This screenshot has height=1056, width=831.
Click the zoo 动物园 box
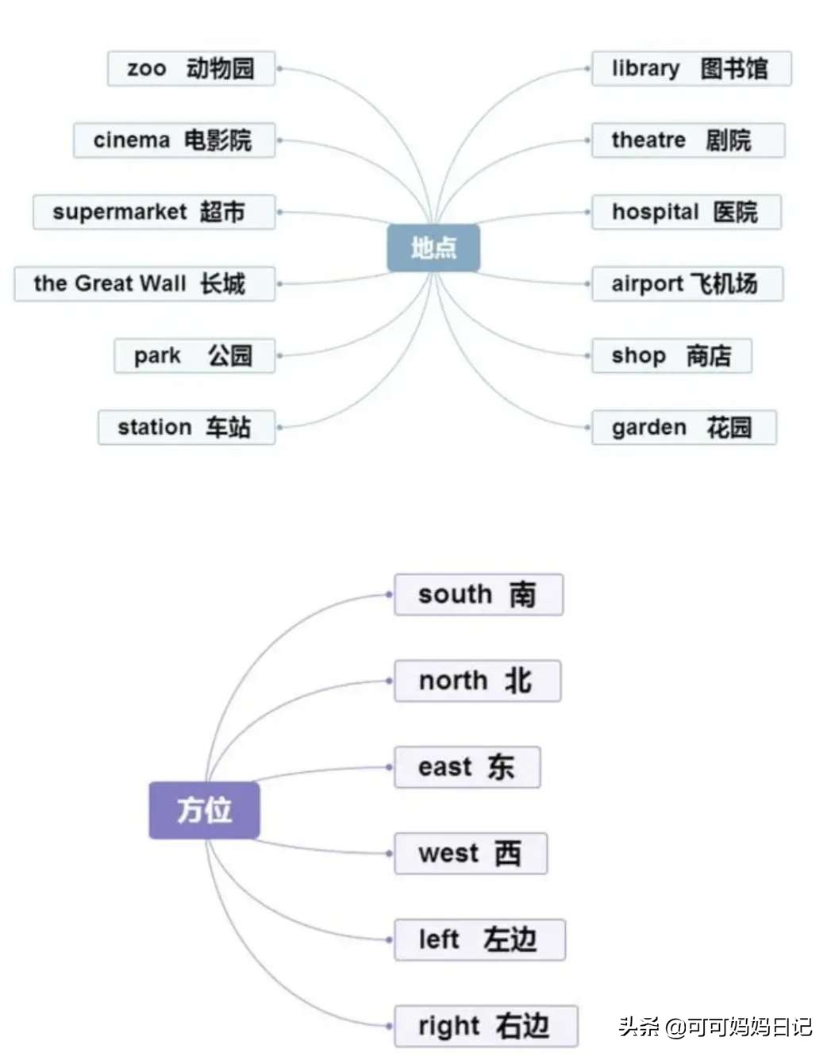click(191, 69)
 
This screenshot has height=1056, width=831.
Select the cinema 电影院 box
click(174, 140)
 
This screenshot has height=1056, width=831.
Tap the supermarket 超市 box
click(153, 212)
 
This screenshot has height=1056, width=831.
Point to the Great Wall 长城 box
click(144, 283)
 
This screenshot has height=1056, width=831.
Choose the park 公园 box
click(194, 355)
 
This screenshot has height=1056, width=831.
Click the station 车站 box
click(187, 427)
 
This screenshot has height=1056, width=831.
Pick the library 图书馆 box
click(691, 69)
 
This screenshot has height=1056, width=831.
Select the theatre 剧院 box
click(687, 140)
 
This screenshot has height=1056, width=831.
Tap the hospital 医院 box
click(686, 212)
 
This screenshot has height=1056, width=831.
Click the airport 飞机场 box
click(687, 283)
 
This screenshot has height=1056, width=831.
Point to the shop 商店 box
click(671, 355)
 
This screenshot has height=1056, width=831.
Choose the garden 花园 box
click(683, 427)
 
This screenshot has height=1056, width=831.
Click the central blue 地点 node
click(433, 248)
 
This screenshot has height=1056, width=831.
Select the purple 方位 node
click(204, 810)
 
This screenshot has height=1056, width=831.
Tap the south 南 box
click(479, 594)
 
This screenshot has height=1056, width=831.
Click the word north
click(453, 681)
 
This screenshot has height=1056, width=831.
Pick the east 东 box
click(467, 767)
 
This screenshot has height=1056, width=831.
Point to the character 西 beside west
click(508, 854)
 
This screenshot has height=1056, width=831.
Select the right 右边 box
click(485, 1026)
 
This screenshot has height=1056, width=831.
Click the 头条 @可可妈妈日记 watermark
click(715, 1027)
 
